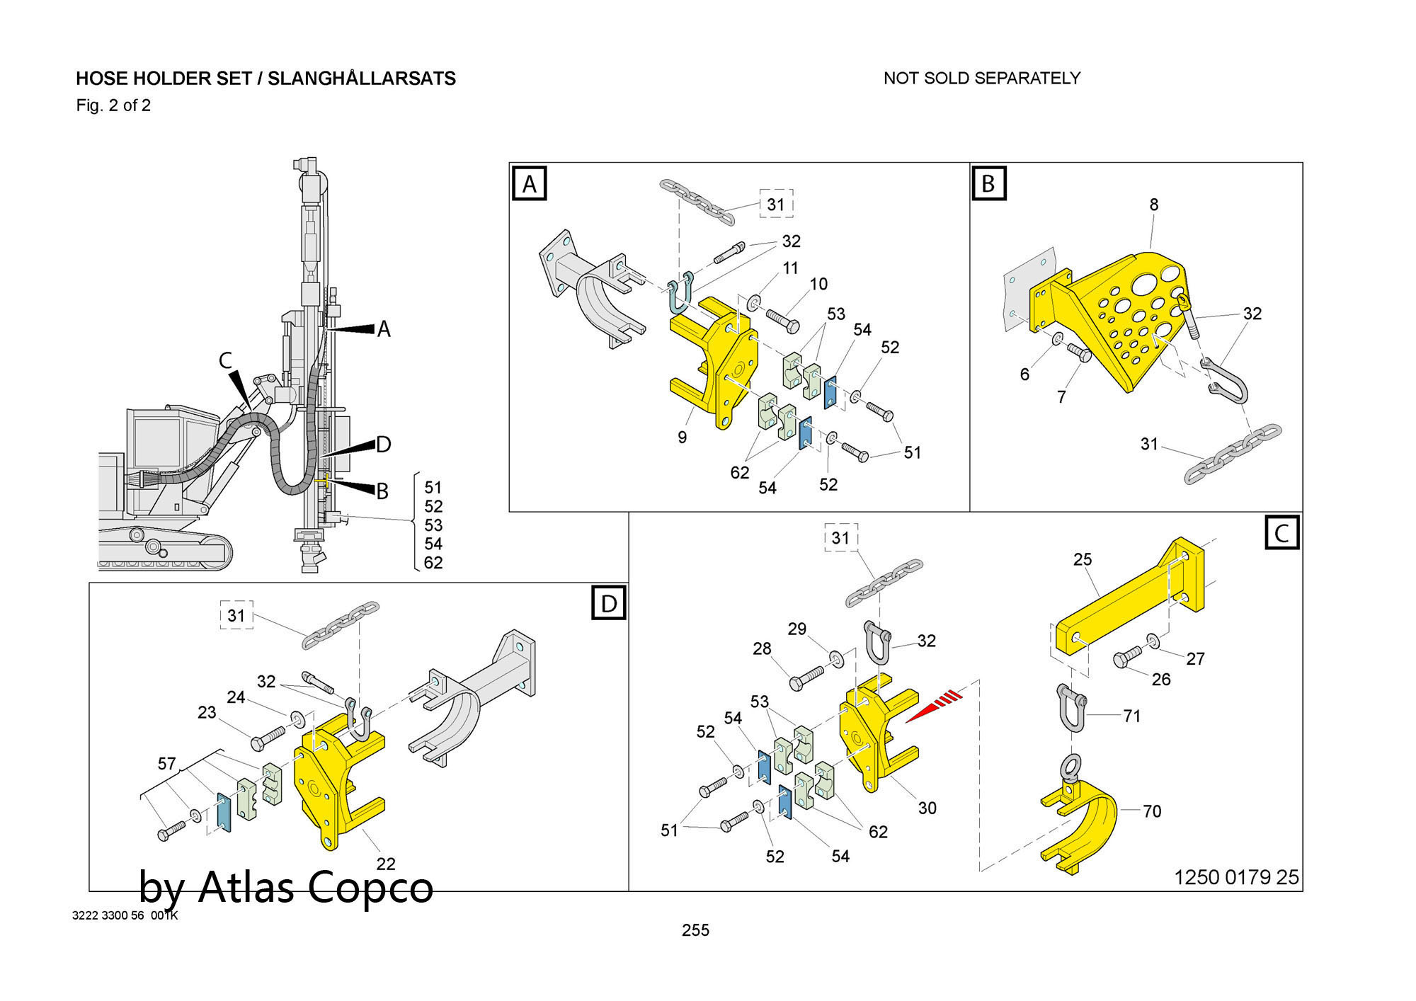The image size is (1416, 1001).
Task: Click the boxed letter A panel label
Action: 530,184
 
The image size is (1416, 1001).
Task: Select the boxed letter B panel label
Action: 988,183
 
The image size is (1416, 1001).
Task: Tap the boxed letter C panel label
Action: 1281,532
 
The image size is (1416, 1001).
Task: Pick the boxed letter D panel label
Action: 609,603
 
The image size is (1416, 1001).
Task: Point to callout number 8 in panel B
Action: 1154,205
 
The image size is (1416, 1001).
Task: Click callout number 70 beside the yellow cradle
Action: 1152,811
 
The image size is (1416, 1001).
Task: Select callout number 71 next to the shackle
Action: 1132,716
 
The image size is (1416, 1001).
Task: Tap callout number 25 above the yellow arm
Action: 1083,559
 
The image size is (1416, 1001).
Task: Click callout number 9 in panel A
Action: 682,437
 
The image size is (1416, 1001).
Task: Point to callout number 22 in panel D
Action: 386,864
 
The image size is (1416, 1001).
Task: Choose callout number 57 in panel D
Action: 166,764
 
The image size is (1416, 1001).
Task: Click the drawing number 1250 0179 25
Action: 1237,878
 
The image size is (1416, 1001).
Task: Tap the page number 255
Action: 695,930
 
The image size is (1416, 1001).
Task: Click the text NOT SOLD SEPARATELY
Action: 982,78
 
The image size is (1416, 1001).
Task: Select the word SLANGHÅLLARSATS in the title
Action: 362,78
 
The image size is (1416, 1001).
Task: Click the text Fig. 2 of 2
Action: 113,105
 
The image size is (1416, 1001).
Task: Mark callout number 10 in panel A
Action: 818,284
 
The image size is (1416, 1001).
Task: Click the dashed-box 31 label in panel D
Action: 236,615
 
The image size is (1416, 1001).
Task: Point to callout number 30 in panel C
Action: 927,808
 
